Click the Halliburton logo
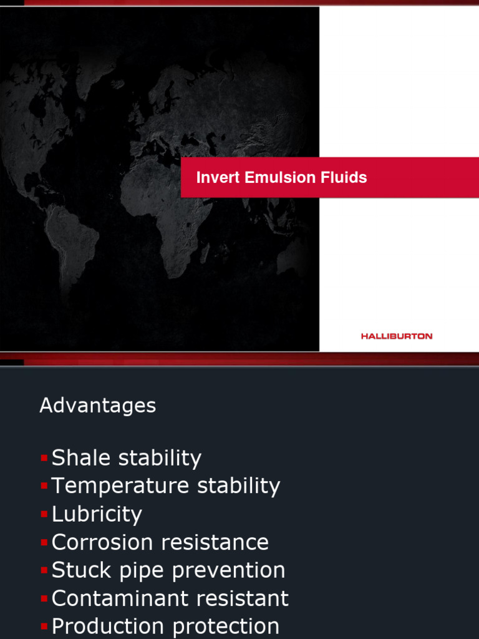click(396, 336)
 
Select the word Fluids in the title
click(345, 178)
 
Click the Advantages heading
click(98, 406)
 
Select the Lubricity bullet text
click(97, 515)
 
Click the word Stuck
click(80, 570)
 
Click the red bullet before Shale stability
click(44, 458)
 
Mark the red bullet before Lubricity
click(44, 515)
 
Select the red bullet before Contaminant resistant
click(44, 598)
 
